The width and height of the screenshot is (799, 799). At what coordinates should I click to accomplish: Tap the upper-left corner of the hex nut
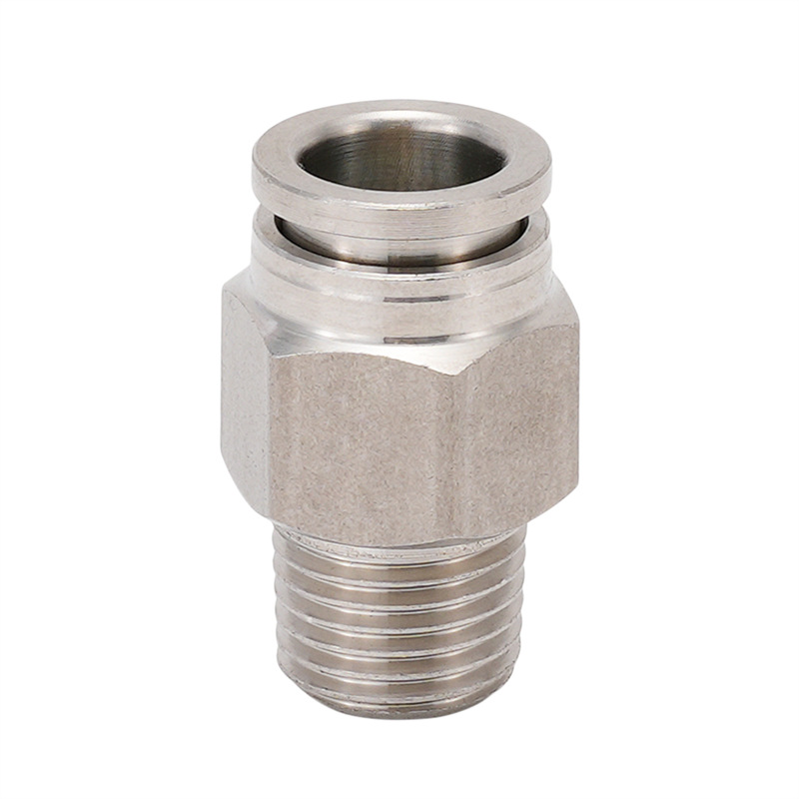pos(225,290)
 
